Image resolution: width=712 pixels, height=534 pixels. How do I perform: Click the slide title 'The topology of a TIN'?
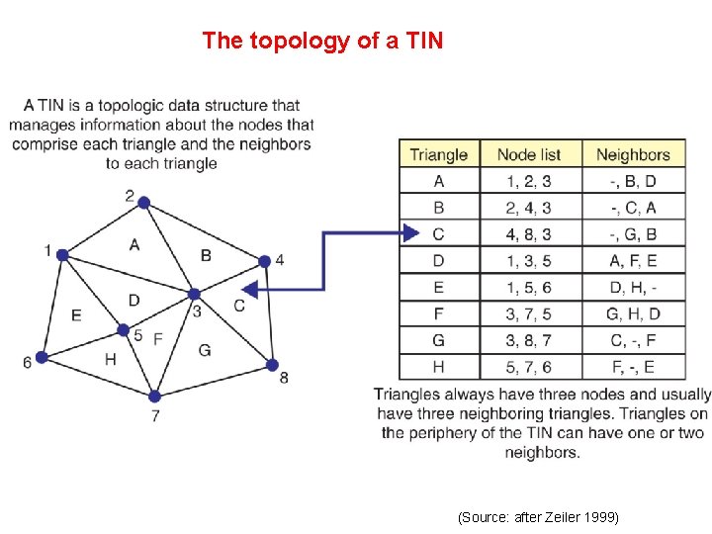pos(322,41)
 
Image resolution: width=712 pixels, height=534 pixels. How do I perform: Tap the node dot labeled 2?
pos(143,203)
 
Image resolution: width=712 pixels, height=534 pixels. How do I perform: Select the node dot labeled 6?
pos(42,357)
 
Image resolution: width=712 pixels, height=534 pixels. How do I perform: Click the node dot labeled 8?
pos(272,365)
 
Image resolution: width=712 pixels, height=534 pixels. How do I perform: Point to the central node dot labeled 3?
pos(195,294)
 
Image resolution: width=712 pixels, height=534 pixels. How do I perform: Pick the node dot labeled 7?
pos(154,397)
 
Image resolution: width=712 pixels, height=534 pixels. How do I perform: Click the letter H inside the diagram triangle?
pos(110,359)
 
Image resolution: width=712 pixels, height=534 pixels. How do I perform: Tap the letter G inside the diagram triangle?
pos(205,349)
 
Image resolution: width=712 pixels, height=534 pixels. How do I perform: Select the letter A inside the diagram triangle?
pos(133,244)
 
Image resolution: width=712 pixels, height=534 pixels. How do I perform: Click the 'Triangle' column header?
pos(438,154)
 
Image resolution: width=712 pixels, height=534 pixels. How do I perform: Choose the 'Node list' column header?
pos(528,154)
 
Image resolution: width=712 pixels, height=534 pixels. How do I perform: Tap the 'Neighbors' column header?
pos(633,154)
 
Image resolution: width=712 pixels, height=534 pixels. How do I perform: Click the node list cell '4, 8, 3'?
pos(528,234)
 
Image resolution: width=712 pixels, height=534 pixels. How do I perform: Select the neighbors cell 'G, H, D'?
pos(633,314)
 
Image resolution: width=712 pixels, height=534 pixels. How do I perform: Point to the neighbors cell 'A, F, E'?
pos(633,261)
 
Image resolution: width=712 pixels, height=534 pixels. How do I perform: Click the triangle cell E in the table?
pos(438,288)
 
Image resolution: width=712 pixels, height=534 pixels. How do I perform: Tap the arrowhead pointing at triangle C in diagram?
pos(250,290)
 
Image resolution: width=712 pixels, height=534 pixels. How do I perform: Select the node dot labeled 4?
pos(264,261)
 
